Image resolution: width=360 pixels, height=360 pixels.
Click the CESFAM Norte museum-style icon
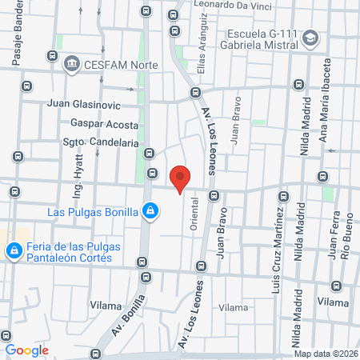[71, 63]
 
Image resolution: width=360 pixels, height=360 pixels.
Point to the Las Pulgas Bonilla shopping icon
[150, 211]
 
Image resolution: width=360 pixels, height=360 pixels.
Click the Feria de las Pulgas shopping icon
[14, 251]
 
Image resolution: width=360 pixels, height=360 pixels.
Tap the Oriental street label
[194, 215]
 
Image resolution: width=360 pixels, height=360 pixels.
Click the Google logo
[26, 350]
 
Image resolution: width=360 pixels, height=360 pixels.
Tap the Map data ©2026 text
[326, 354]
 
